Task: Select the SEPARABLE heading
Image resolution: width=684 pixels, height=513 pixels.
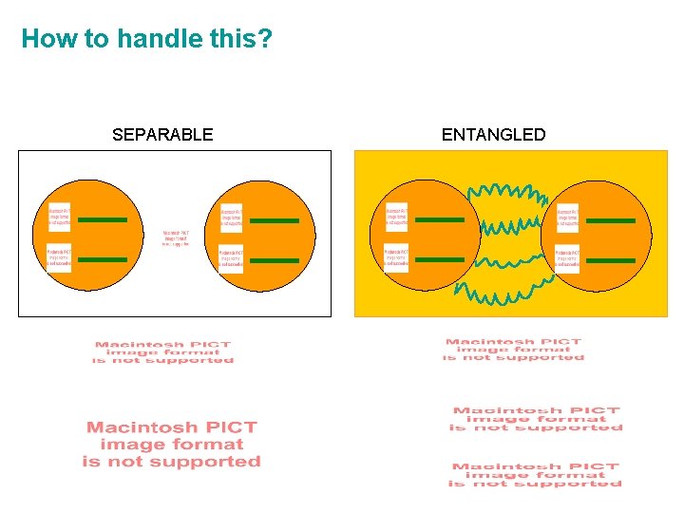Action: [162, 135]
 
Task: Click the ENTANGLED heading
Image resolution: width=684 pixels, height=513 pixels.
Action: [494, 135]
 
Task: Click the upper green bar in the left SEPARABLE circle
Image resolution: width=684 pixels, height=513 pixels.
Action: [103, 220]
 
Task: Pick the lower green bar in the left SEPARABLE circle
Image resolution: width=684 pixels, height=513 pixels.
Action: [103, 259]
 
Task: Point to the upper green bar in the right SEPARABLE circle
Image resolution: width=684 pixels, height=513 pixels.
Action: [275, 220]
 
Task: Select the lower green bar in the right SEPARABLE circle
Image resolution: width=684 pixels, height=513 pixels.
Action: [275, 259]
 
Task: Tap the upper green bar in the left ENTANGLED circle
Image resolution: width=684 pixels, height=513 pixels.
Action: [440, 220]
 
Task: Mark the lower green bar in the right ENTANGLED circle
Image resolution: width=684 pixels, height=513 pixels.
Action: [611, 259]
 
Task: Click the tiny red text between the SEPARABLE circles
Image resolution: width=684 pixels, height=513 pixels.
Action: [176, 237]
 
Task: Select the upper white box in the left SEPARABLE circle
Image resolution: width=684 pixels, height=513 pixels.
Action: [60, 217]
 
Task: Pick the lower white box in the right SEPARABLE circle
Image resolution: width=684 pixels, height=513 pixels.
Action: [231, 258]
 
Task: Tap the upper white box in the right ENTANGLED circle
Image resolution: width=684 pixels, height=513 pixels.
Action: [568, 217]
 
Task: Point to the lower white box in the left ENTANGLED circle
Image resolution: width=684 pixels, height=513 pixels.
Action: [396, 257]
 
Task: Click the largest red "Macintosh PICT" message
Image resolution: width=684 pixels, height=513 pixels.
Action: [172, 445]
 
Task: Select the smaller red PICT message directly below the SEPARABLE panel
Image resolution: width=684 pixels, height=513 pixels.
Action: [162, 352]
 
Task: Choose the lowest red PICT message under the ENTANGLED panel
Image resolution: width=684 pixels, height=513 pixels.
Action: [535, 475]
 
